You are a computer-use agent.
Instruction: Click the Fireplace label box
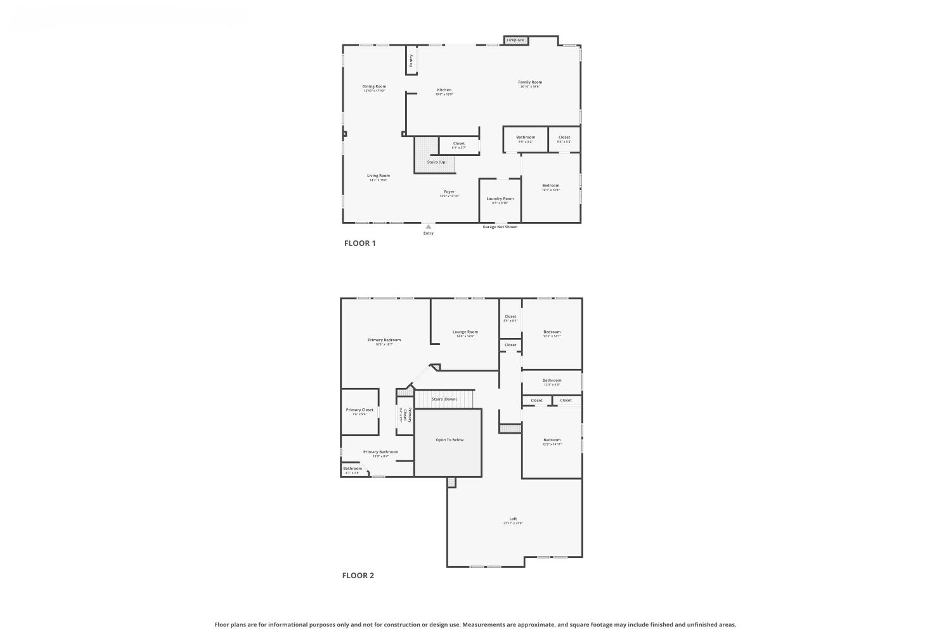(515, 40)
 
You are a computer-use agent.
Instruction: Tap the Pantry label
(411, 60)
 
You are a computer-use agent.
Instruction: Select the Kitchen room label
(444, 90)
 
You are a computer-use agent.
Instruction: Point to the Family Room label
(530, 82)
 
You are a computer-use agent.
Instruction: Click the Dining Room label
(374, 86)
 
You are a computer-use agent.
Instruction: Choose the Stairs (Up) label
(436, 162)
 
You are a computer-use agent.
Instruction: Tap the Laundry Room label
(500, 198)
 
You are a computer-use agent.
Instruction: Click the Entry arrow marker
(429, 226)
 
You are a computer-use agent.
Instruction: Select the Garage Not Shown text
(500, 227)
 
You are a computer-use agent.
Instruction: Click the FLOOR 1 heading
(360, 243)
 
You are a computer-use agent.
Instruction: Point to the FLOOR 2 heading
(358, 576)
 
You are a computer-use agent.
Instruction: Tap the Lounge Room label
(465, 332)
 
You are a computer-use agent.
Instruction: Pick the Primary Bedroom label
(384, 340)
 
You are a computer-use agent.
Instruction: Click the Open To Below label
(449, 439)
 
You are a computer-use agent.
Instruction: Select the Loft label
(513, 519)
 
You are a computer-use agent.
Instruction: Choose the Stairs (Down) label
(444, 399)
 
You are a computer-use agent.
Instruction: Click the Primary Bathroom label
(380, 452)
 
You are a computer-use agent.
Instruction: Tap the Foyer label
(449, 191)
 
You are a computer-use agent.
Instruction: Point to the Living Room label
(378, 176)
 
